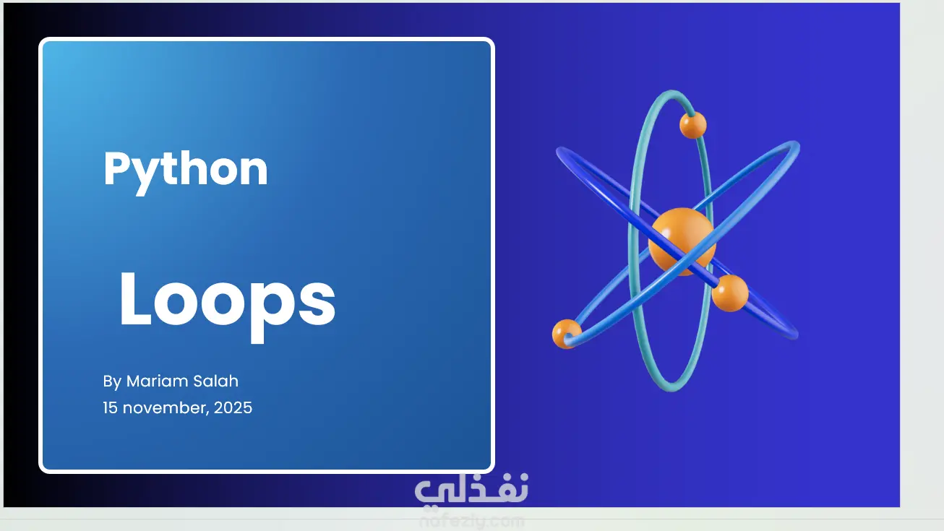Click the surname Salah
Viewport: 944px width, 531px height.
pyautogui.click(x=216, y=381)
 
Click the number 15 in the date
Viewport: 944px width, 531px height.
pyautogui.click(x=111, y=407)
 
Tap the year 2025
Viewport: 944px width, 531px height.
pyautogui.click(x=233, y=407)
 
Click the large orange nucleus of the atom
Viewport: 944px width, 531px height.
pyautogui.click(x=682, y=241)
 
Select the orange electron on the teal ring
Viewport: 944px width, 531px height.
pyautogui.click(x=693, y=125)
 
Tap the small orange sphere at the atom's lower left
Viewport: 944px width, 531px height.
pyautogui.click(x=567, y=334)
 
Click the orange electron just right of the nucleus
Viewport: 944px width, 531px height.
pyautogui.click(x=730, y=293)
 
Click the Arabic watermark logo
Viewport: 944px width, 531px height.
pyautogui.click(x=471, y=489)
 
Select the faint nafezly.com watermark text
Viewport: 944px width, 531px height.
pyautogui.click(x=471, y=522)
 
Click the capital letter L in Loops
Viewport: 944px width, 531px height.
pyautogui.click(x=135, y=298)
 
